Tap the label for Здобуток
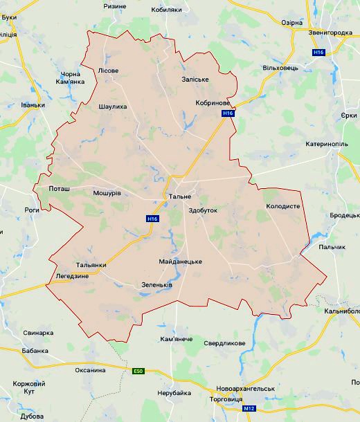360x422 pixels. (x=202, y=210)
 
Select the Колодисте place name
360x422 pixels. (x=282, y=207)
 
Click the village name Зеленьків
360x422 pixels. (x=156, y=285)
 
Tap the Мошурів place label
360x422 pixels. (x=107, y=194)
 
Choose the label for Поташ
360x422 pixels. (x=60, y=188)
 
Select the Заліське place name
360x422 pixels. (x=195, y=80)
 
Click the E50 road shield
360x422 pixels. (x=140, y=372)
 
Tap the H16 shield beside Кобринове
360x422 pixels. (x=227, y=113)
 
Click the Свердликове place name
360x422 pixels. (x=224, y=343)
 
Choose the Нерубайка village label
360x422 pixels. (x=174, y=393)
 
